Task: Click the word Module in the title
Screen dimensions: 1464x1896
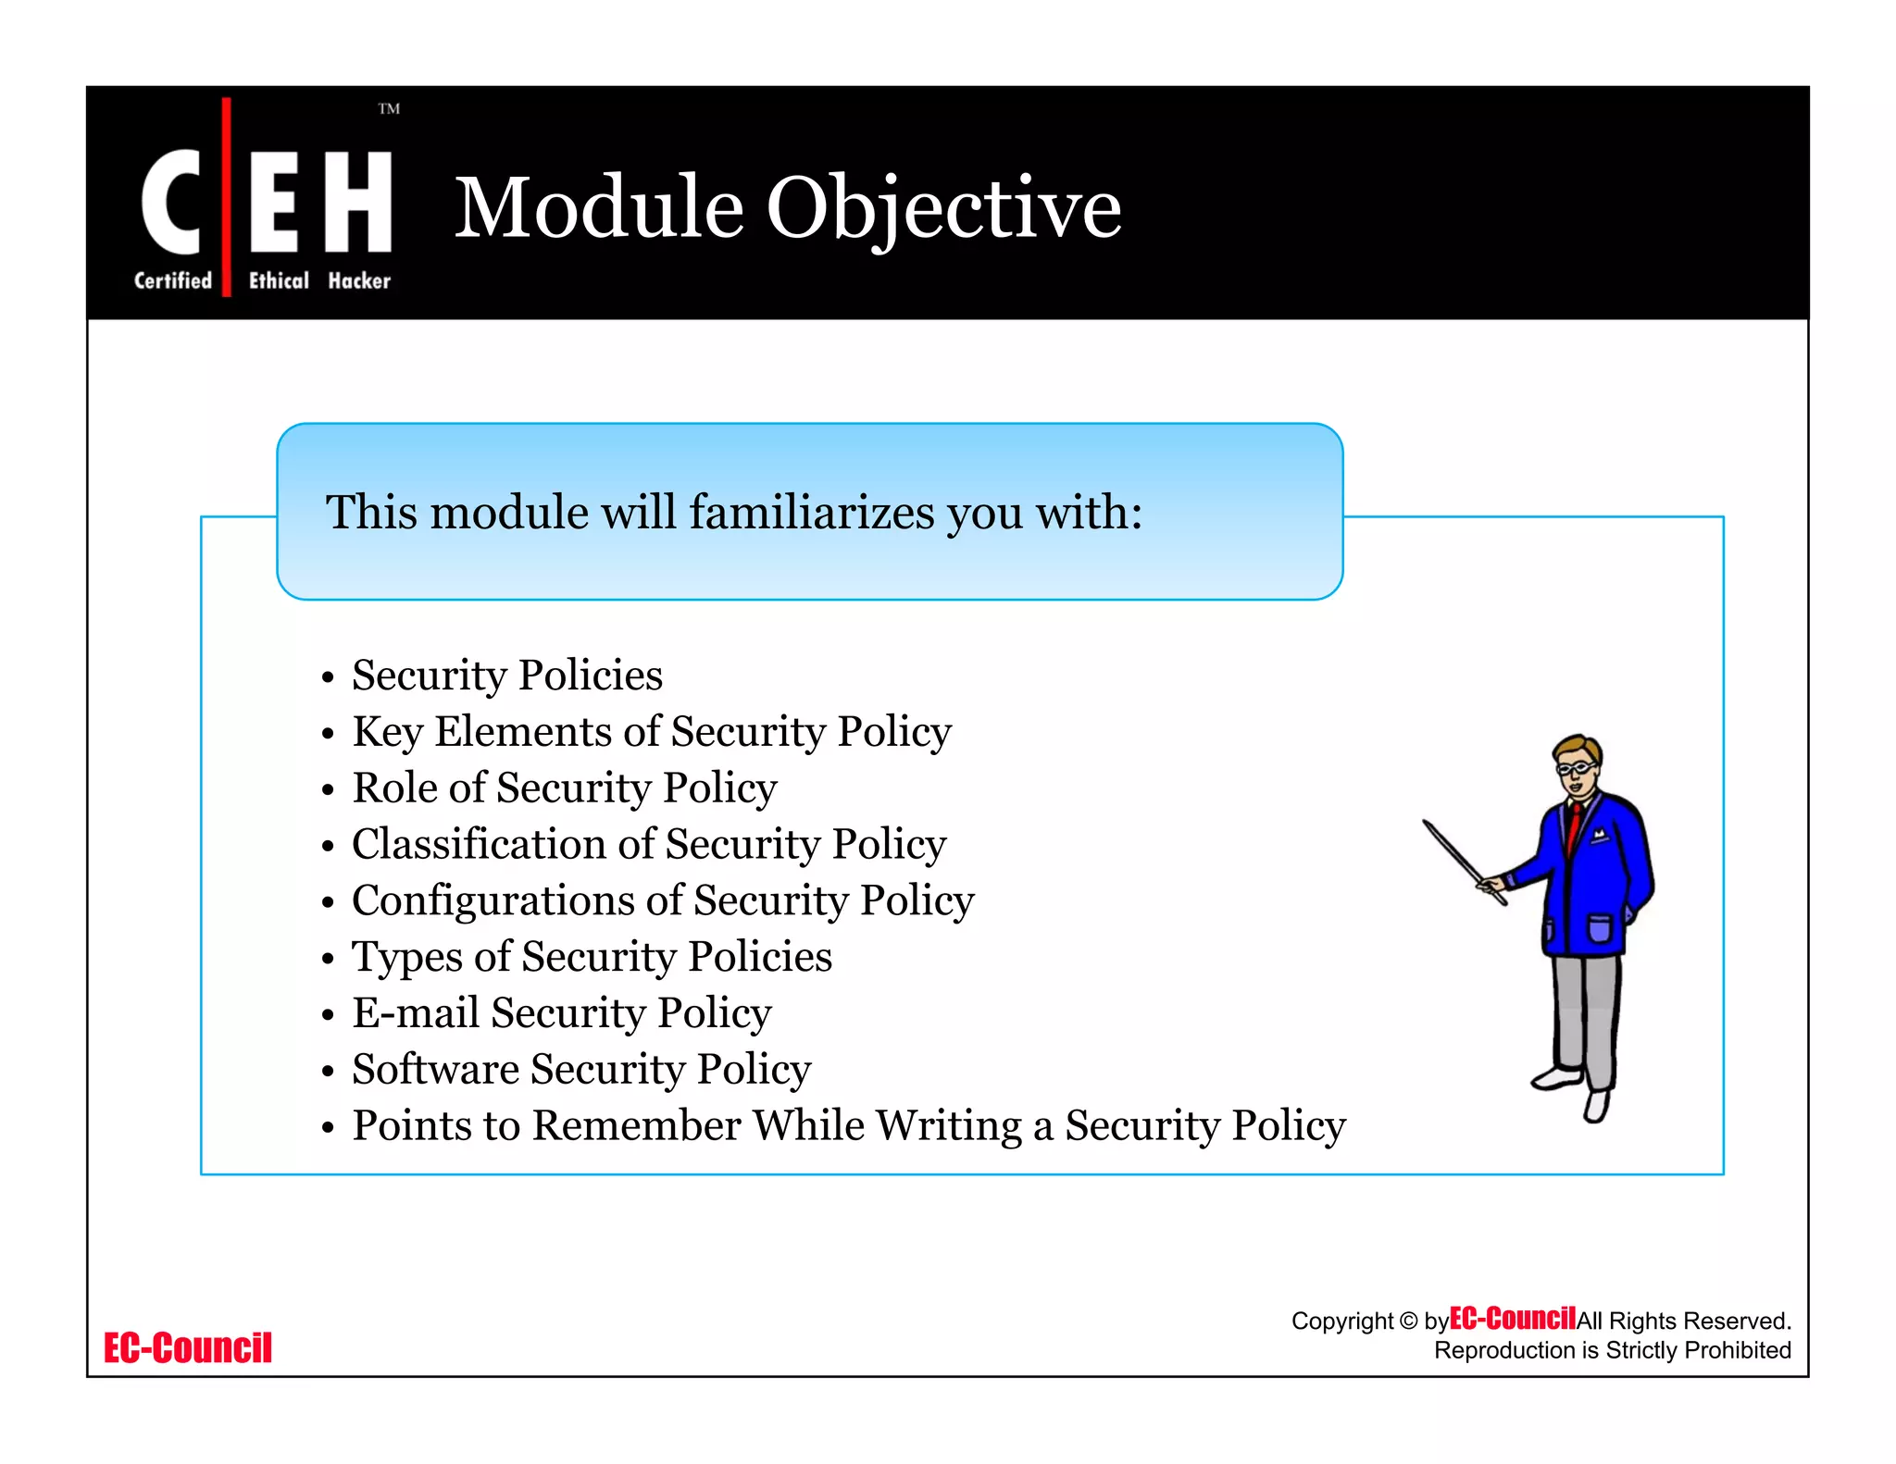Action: coord(599,207)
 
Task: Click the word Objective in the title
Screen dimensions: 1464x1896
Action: coord(943,209)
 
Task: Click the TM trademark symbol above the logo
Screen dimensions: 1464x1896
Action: coord(389,109)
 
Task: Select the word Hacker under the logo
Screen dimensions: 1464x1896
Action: coord(359,280)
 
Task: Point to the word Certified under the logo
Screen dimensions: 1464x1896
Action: coord(173,280)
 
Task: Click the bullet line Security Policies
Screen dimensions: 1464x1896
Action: coord(506,675)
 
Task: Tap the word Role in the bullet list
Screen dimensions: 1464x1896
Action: coord(393,788)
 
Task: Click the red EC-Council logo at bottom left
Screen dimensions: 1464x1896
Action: coord(188,1347)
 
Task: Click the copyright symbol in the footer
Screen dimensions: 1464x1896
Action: coord(1408,1321)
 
